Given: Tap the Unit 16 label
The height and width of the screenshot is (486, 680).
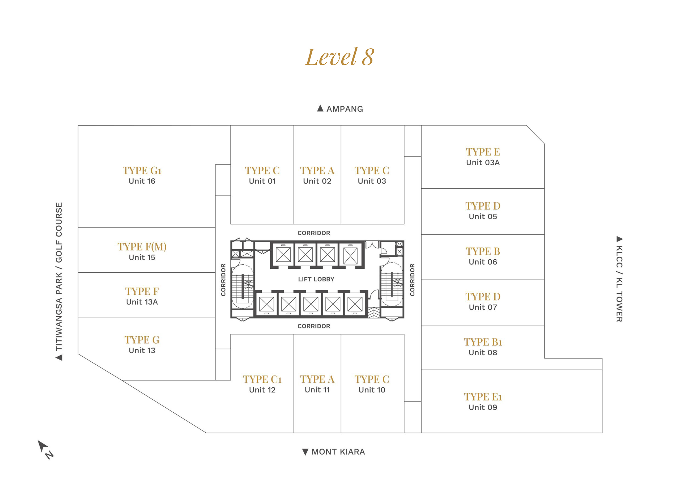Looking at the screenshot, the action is click(x=142, y=181).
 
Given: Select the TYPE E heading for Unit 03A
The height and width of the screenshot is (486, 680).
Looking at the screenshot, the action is click(x=483, y=152).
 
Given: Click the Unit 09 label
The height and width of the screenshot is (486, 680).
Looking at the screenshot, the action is click(x=483, y=407).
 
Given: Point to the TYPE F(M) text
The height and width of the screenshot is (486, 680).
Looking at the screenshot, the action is click(x=142, y=247).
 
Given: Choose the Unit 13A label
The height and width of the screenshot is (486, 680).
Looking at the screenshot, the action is click(x=142, y=302).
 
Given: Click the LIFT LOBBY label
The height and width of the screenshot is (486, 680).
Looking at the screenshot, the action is click(x=316, y=279).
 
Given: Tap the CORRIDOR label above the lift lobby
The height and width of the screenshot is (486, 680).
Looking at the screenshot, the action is click(x=314, y=233).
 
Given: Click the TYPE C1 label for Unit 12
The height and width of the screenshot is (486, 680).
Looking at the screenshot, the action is click(x=262, y=379).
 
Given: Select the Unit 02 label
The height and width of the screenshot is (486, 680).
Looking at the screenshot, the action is click(x=317, y=181).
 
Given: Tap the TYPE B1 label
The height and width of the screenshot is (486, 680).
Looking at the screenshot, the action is click(x=483, y=342).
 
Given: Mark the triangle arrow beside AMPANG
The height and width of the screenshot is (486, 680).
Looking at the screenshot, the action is click(x=320, y=108).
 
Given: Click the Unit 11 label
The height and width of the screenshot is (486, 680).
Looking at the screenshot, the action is click(x=317, y=390).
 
